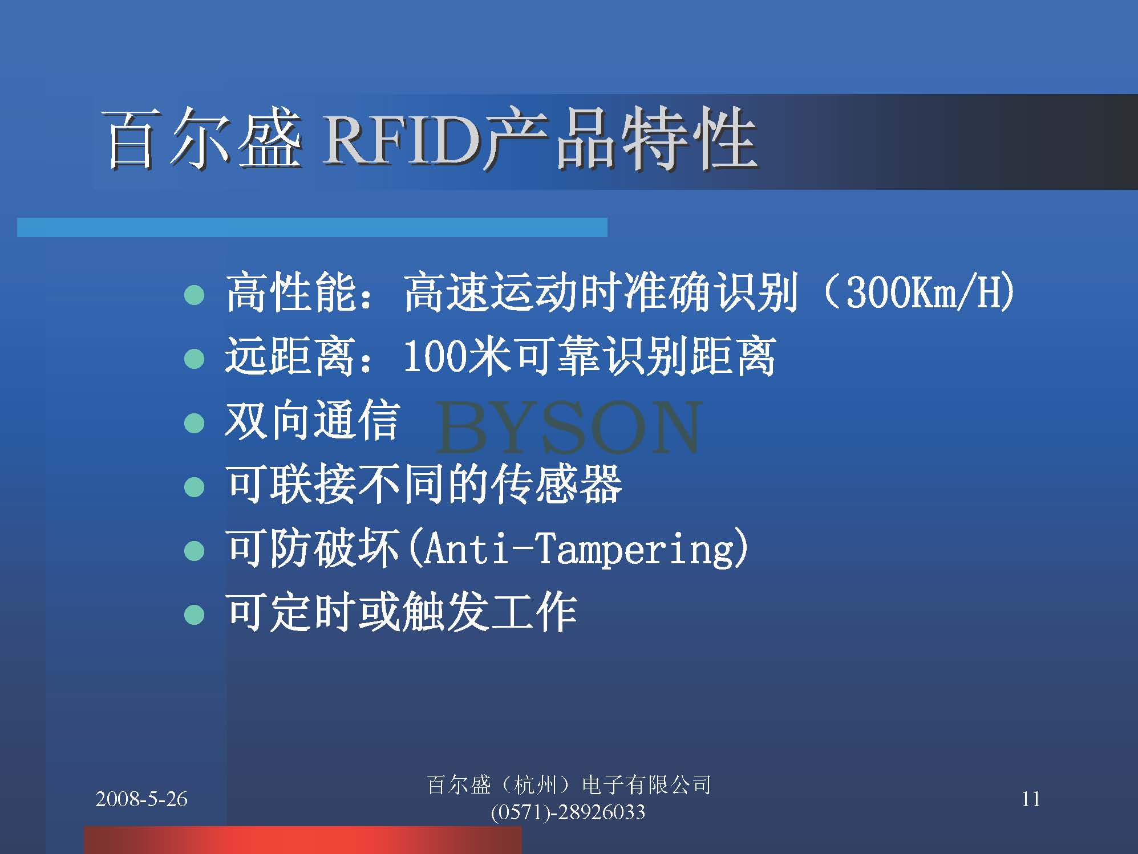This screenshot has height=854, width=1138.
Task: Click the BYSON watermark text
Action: click(x=569, y=426)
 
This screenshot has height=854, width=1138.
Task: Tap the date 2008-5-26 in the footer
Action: click(x=141, y=799)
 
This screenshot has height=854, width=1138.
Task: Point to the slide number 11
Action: click(x=1031, y=799)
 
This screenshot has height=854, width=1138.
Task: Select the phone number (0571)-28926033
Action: click(x=568, y=812)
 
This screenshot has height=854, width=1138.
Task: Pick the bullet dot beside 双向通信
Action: click(x=195, y=423)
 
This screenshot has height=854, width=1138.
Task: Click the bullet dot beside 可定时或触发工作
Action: click(x=195, y=615)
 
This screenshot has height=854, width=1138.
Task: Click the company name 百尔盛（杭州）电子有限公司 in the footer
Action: click(x=569, y=785)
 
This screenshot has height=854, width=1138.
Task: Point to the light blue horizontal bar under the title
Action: click(x=312, y=227)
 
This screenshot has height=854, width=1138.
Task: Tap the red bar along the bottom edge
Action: click(x=303, y=840)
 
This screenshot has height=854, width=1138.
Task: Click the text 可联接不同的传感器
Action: click(x=423, y=485)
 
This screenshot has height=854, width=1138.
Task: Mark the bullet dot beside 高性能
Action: click(x=195, y=295)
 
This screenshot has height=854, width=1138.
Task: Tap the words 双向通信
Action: click(x=312, y=421)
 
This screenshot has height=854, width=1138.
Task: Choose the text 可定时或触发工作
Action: click(x=402, y=612)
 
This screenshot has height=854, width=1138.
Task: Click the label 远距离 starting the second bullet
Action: click(x=290, y=356)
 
